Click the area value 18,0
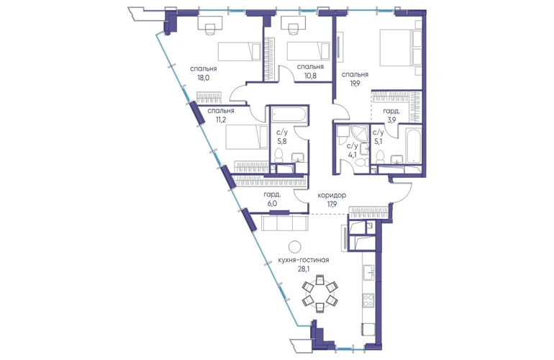click(x=204, y=78)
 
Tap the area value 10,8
click(x=310, y=76)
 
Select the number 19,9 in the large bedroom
click(x=354, y=84)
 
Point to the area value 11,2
click(x=221, y=120)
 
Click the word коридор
click(x=332, y=195)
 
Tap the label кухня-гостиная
click(x=304, y=260)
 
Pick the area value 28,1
click(x=304, y=269)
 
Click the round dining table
click(x=319, y=293)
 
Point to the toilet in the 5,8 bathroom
click(x=279, y=156)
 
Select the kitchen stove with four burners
click(x=368, y=300)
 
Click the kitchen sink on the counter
click(x=368, y=272)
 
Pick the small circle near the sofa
click(x=295, y=246)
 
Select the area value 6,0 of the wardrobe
click(x=273, y=203)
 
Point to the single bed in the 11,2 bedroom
click(x=247, y=138)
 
